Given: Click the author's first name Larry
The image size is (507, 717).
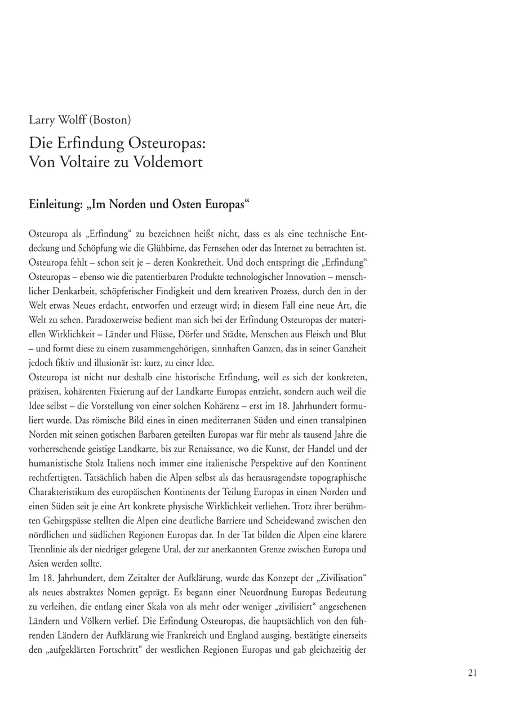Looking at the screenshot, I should pos(42,120).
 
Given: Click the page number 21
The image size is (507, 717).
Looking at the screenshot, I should pos(472,672).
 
